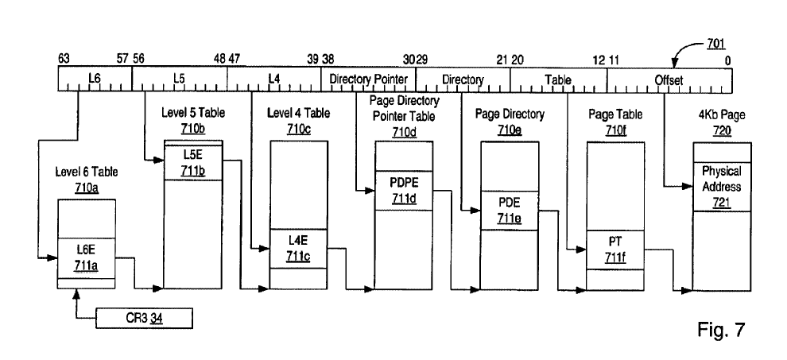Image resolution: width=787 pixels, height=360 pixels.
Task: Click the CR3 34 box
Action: [144, 319]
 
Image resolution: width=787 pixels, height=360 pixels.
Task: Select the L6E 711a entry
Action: [87, 258]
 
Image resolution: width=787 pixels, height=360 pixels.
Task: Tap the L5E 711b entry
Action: [193, 163]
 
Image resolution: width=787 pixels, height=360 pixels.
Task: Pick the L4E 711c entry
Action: [299, 249]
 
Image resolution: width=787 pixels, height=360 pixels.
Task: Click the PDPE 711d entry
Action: [404, 190]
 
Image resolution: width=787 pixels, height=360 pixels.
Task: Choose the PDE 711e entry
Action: [510, 211]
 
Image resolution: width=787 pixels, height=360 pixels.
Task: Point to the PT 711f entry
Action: [614, 250]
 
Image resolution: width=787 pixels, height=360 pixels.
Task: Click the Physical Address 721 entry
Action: [722, 187]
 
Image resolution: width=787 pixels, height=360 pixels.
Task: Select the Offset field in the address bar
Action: [669, 79]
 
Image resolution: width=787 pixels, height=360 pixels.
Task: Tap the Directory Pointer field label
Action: [368, 79]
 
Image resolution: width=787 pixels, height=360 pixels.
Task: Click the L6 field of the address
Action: [95, 79]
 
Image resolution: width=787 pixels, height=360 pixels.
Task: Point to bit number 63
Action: [64, 60]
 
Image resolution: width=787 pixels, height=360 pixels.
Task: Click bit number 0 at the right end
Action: [727, 60]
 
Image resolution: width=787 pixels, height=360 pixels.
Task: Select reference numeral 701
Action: [716, 45]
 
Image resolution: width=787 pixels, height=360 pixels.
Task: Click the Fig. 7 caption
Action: [721, 329]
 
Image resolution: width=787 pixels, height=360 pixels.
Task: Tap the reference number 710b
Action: [193, 129]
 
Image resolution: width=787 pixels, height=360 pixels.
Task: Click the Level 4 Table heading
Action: [299, 113]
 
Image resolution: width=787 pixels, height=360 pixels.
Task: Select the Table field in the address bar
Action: [559, 79]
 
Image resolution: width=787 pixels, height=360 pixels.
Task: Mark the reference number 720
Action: [722, 130]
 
